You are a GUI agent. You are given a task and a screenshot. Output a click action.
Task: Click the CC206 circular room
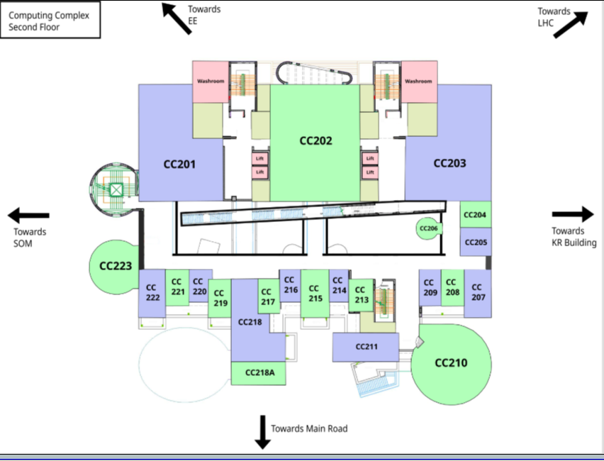tap(428, 228)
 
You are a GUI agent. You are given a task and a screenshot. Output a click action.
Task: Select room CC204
tap(474, 214)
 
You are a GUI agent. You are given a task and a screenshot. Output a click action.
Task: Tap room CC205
tap(475, 242)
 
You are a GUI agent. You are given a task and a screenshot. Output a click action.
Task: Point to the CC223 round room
tap(116, 267)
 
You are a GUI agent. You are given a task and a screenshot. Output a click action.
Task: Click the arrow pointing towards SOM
tap(28, 215)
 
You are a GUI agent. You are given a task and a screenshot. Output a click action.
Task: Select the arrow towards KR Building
tap(573, 214)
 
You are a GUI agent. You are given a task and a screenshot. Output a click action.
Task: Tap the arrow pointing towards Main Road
tap(263, 432)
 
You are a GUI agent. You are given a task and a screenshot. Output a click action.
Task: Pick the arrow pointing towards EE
tap(177, 18)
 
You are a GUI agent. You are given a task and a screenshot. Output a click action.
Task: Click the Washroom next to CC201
tap(211, 82)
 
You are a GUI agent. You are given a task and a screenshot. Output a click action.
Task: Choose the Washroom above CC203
tap(418, 82)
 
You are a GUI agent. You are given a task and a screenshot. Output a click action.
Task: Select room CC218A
tap(259, 373)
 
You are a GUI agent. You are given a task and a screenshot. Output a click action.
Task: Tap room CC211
tap(367, 348)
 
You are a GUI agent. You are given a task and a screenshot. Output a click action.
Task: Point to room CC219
tap(220, 298)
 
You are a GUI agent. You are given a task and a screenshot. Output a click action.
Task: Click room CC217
tap(267, 296)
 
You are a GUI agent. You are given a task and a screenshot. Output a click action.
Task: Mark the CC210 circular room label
tap(451, 364)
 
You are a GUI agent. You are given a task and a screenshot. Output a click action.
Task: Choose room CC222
tap(151, 292)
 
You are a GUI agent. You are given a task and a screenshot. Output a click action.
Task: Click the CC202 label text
tap(315, 140)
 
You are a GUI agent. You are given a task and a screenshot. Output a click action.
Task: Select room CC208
tap(452, 287)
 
